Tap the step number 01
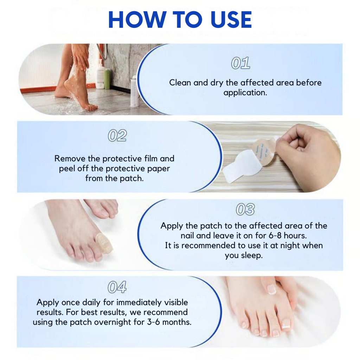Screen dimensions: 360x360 click(x=240, y=63)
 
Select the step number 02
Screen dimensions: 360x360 click(x=117, y=136)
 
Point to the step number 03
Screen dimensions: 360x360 click(x=245, y=210)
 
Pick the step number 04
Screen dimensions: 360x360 click(x=117, y=287)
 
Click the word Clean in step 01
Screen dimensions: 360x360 click(x=180, y=83)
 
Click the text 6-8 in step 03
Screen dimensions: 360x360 click(x=266, y=236)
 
